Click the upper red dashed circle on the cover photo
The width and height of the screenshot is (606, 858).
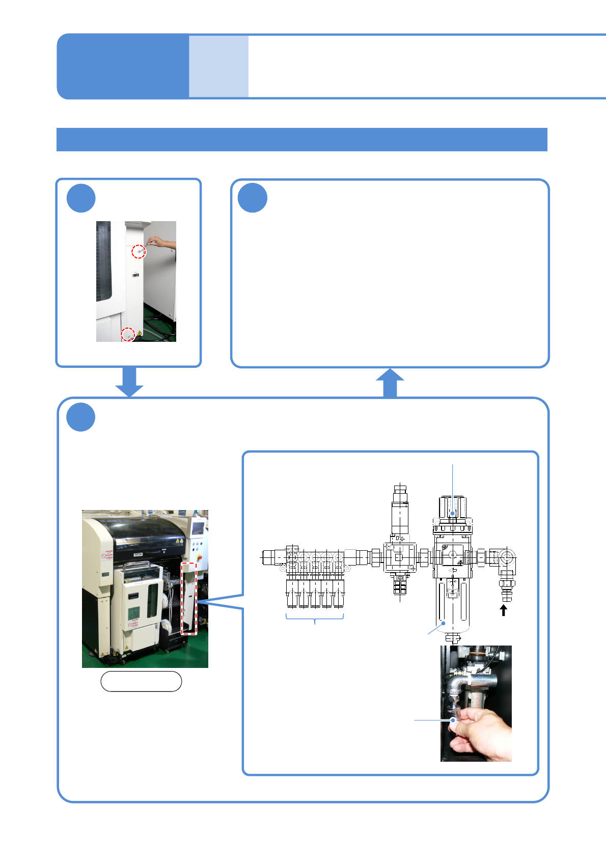click(x=139, y=251)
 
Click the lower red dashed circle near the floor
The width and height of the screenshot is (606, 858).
click(x=127, y=334)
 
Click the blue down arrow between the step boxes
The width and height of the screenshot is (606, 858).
click(x=129, y=382)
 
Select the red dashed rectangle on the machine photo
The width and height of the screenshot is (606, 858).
click(x=189, y=598)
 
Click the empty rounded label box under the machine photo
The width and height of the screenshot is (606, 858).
click(x=141, y=681)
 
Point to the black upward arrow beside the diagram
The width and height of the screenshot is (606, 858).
click(x=504, y=610)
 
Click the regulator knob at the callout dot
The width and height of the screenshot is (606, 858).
click(x=452, y=513)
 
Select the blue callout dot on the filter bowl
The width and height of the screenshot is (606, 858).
click(x=444, y=623)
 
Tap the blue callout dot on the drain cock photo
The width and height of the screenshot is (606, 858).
click(x=453, y=720)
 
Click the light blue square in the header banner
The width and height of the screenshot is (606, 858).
click(x=218, y=66)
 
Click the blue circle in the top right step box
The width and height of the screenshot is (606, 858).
click(x=253, y=198)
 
